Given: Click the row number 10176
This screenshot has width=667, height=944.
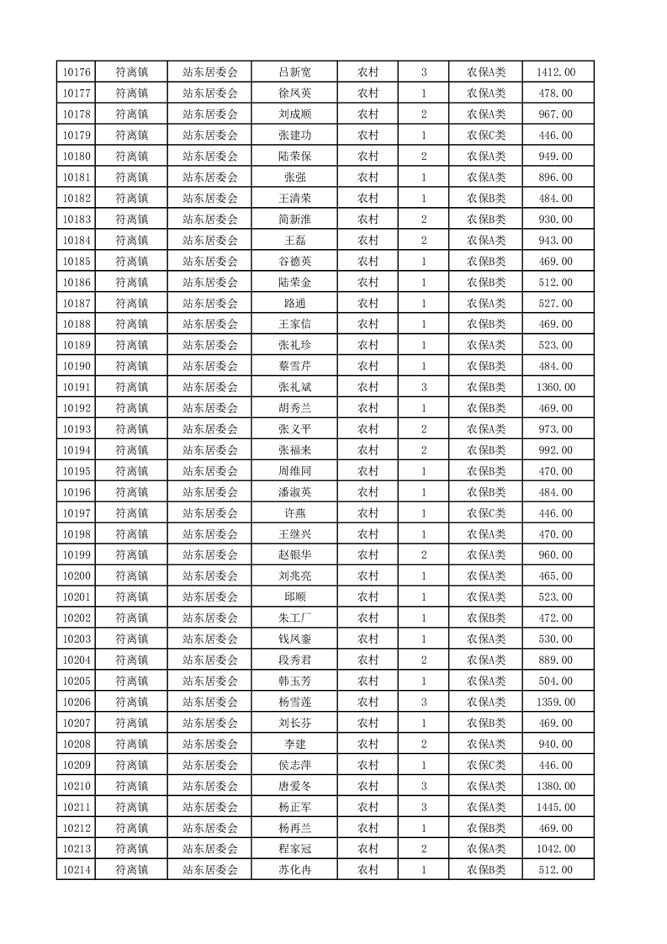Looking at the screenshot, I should [77, 72].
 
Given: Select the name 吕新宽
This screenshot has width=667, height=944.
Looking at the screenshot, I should [295, 72].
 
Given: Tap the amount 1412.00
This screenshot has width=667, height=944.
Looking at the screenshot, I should [556, 72].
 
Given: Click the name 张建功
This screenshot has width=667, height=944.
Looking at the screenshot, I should [295, 135].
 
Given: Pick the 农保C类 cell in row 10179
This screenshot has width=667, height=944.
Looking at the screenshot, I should [486, 135].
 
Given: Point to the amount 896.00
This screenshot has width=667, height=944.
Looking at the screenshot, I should [556, 178].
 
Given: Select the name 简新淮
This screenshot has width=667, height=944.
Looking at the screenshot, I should [295, 220].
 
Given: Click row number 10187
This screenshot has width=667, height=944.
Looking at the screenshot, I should [77, 304].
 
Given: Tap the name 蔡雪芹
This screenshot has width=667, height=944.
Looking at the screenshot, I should [295, 366].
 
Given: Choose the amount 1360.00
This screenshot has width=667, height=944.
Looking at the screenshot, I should [556, 387].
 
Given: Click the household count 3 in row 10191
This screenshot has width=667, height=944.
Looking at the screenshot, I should [423, 387].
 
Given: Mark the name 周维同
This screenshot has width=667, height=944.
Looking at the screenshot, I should [295, 471].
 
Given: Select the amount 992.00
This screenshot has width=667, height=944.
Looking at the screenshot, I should [556, 450].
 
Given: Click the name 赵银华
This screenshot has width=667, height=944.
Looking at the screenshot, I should [295, 555].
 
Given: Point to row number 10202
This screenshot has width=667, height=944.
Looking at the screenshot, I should [77, 618].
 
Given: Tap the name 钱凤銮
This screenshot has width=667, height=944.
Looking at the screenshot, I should [295, 639].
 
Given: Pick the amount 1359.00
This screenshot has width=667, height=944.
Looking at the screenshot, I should [556, 702].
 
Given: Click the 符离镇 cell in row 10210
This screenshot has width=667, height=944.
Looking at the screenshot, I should [132, 786].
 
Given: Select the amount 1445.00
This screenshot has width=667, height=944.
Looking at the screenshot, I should [556, 807].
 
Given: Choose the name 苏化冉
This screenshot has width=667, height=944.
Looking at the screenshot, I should [295, 870].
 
